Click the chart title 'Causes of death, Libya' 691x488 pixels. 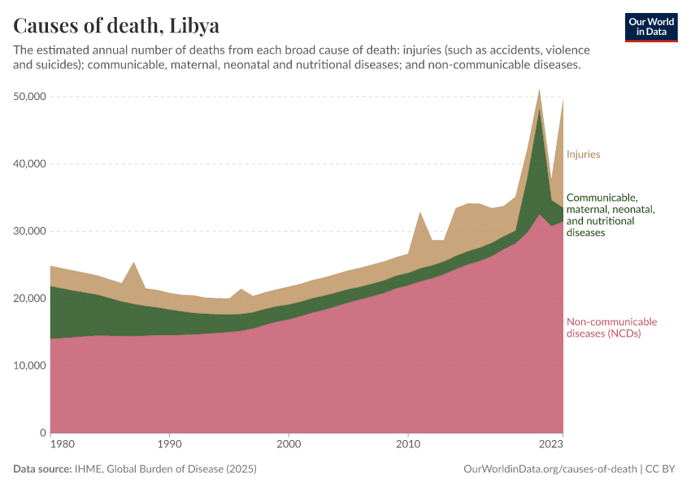click(116, 26)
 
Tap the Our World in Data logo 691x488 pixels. click(650, 27)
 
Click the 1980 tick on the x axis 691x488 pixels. click(50, 445)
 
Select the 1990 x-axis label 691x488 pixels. click(169, 445)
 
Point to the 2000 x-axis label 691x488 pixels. click(289, 445)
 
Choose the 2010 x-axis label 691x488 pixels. click(407, 445)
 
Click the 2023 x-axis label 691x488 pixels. click(551, 445)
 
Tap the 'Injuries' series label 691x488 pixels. click(583, 154)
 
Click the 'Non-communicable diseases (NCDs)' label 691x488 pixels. click(611, 328)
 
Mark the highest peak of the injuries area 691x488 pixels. click(539, 90)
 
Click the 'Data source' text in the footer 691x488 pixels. click(42, 469)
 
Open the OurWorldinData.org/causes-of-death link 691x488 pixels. click(550, 469)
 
